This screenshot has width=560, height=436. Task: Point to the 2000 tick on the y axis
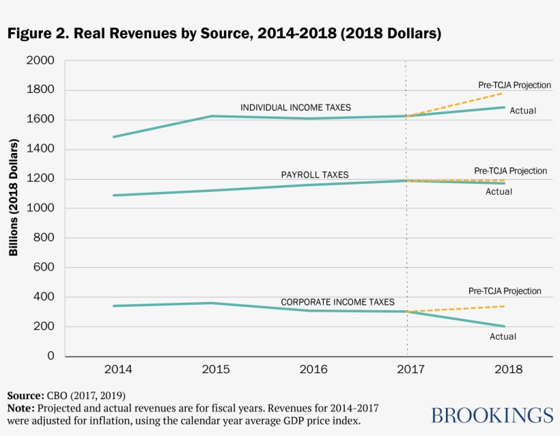point(40,61)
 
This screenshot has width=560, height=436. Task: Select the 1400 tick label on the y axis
point(40,149)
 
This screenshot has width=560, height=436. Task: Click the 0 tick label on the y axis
point(51,356)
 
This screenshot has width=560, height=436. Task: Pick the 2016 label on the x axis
point(313,369)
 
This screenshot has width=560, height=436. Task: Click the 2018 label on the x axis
point(506,369)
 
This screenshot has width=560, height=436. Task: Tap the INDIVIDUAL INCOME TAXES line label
point(295,108)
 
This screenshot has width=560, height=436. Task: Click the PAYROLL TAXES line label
point(315,175)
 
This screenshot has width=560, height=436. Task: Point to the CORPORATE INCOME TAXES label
point(337,302)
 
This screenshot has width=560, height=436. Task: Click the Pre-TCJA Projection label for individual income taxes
point(514,85)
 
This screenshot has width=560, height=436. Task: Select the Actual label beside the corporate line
point(503,336)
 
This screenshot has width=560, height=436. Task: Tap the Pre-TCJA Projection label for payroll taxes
point(510,170)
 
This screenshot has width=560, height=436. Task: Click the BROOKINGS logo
point(492,415)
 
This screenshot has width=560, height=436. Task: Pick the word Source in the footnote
point(25,396)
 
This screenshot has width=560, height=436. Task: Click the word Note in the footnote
point(20,407)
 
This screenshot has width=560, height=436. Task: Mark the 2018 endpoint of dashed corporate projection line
point(505,306)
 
